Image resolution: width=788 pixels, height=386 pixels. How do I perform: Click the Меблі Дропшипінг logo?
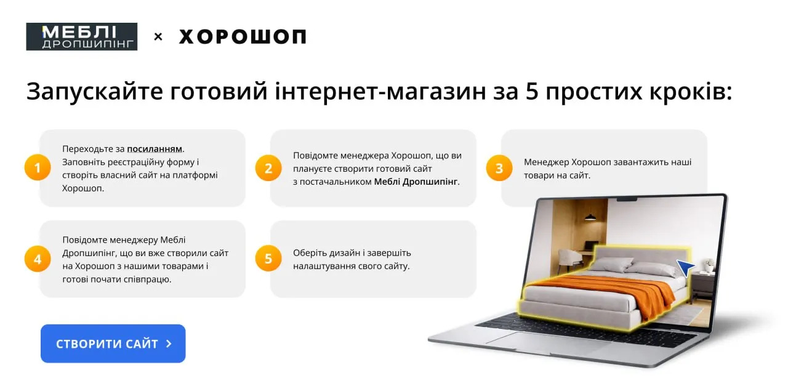click(x=82, y=36)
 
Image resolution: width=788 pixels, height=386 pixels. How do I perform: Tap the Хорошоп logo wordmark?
click(x=243, y=36)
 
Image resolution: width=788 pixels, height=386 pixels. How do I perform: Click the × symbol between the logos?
click(x=158, y=36)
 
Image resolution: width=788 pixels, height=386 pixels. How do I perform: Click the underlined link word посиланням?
click(x=155, y=149)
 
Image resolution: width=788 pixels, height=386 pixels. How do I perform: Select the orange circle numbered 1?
click(x=38, y=167)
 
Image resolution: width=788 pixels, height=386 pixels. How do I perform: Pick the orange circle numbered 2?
click(x=268, y=168)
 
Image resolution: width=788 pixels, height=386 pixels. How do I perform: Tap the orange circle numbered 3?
click(x=499, y=168)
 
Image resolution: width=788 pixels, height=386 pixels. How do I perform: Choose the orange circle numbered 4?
click(x=38, y=259)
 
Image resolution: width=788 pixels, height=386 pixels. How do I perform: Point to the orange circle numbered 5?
click(x=268, y=259)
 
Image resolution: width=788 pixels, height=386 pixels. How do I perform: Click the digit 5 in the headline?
click(x=533, y=91)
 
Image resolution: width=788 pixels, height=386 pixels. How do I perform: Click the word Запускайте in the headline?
click(x=95, y=92)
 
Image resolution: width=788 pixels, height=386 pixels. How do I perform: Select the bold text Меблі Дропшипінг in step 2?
click(x=416, y=182)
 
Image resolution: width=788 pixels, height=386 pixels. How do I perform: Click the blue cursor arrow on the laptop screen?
click(x=685, y=267)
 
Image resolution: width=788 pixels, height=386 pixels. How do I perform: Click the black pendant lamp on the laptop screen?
click(x=590, y=217)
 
